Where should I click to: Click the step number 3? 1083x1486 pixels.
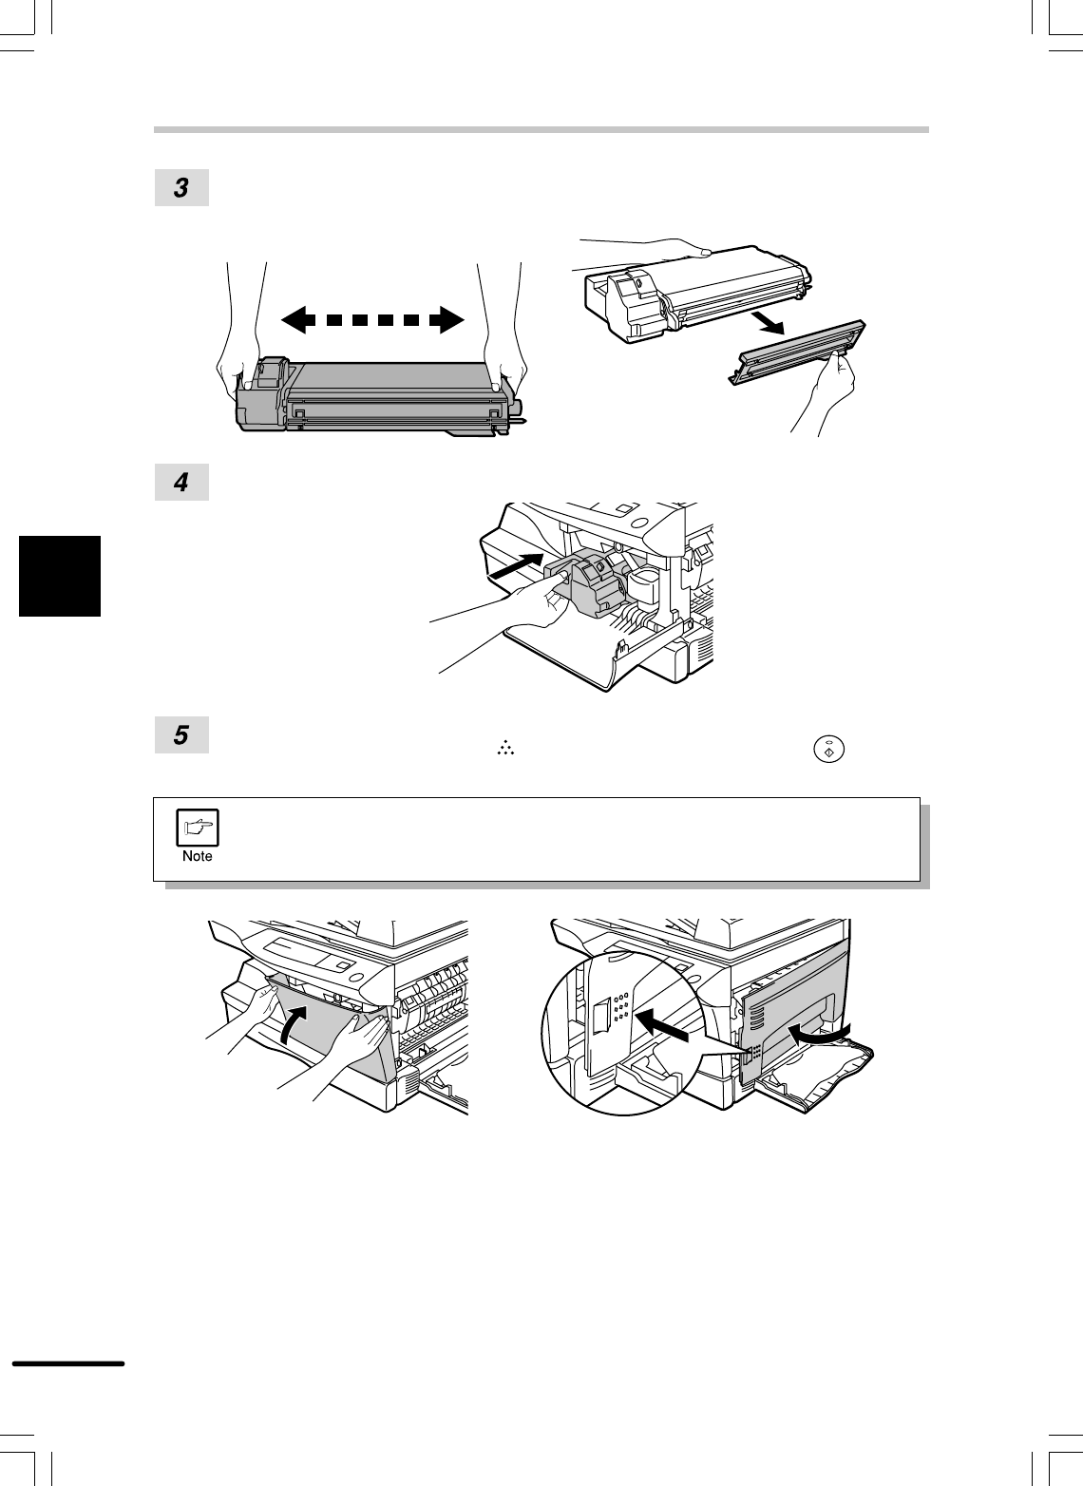pos(181,188)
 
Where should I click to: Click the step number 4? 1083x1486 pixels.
pos(181,483)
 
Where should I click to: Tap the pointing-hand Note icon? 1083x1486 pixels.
pos(198,828)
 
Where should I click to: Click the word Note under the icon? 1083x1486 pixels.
pos(198,856)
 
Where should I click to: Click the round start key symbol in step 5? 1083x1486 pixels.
pos(827,749)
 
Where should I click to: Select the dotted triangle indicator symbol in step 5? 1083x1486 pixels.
pos(504,751)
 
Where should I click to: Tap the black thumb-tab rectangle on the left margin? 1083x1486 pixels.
pos(59,576)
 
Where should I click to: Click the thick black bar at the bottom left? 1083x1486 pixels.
pos(67,1363)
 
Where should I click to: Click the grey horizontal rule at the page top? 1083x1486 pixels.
pos(541,129)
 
